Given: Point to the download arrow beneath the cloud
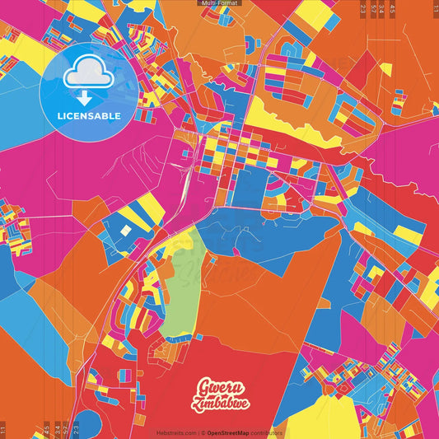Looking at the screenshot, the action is pyautogui.click(x=85, y=97).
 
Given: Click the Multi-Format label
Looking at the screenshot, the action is pyautogui.click(x=219, y=3).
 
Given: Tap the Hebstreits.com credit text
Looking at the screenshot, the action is pyautogui.click(x=176, y=432).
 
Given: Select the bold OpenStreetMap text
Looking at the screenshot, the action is pyautogui.click(x=227, y=432).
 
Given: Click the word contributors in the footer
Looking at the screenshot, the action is pyautogui.click(x=266, y=432).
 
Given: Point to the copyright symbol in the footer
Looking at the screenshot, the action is pyautogui.click(x=202, y=432).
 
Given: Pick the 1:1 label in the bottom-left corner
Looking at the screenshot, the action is pyautogui.click(x=3, y=429).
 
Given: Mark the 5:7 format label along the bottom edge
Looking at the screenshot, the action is pyautogui.click(x=64, y=429).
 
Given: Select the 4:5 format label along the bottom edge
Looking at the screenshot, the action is pyautogui.click(x=46, y=429).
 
